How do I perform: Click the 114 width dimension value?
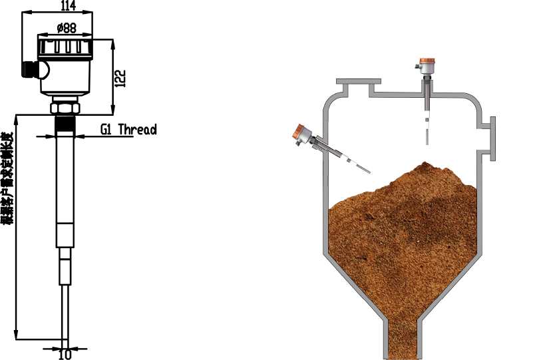pyautogui.click(x=68, y=6)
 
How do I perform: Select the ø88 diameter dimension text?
pyautogui.click(x=66, y=27)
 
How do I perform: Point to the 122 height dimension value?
pyautogui.click(x=120, y=79)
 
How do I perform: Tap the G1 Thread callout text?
pyautogui.click(x=128, y=130)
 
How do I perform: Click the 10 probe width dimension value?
pyautogui.click(x=65, y=354)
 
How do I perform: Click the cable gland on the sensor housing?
pyautogui.click(x=31, y=68)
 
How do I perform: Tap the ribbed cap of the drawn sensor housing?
pyautogui.click(x=65, y=47)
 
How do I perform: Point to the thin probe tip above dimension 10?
pyautogui.click(x=65, y=313)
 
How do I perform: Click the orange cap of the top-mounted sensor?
pyautogui.click(x=427, y=62)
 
